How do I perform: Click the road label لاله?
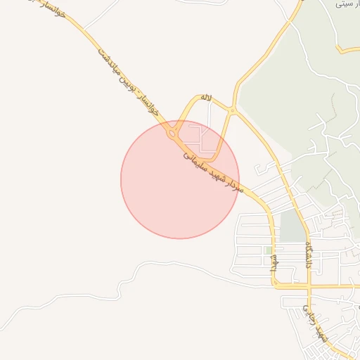pos(205,98)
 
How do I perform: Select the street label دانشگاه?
pos(309,255)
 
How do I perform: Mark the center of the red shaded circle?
pos(180,179)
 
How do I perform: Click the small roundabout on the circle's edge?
pos(172,134)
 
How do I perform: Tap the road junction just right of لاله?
pos(233,110)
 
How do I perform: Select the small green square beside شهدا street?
pos(268,250)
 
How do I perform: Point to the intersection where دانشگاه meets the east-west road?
pos(309,286)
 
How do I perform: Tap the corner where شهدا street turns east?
pos(275,285)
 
